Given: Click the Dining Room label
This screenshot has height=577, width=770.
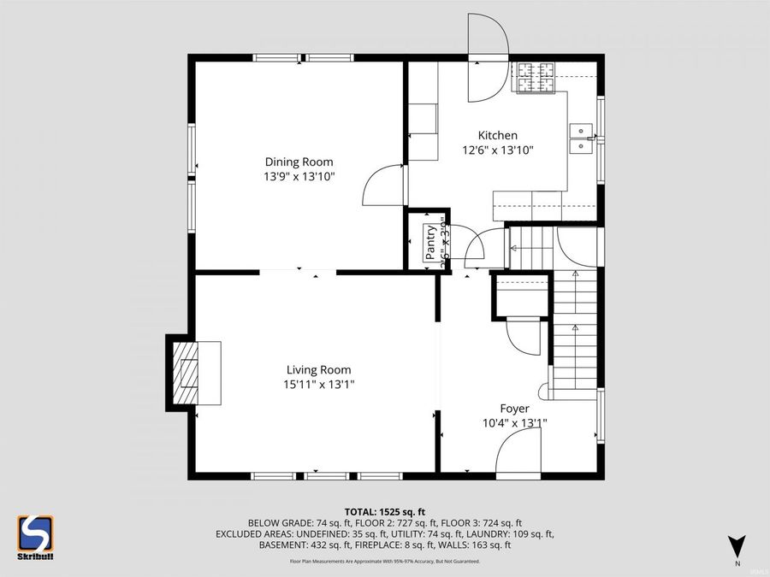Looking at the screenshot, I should (299, 162).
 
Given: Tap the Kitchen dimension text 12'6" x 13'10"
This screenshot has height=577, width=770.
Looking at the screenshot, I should (497, 150).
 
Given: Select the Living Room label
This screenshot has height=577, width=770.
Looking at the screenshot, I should (318, 369).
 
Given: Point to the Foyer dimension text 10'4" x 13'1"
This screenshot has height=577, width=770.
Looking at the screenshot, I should (515, 422).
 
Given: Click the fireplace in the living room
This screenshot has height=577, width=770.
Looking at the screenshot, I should (194, 373).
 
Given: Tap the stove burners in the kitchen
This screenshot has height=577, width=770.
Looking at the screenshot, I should (534, 78).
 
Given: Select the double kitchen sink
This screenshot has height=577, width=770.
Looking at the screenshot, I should (583, 138).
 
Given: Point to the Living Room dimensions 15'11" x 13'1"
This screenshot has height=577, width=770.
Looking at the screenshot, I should (318, 385).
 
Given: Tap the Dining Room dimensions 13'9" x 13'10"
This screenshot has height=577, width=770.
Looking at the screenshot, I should (299, 177).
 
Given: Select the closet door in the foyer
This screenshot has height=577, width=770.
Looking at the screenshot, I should (524, 336).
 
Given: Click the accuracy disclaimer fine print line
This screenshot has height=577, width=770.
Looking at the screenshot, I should (384, 562).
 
